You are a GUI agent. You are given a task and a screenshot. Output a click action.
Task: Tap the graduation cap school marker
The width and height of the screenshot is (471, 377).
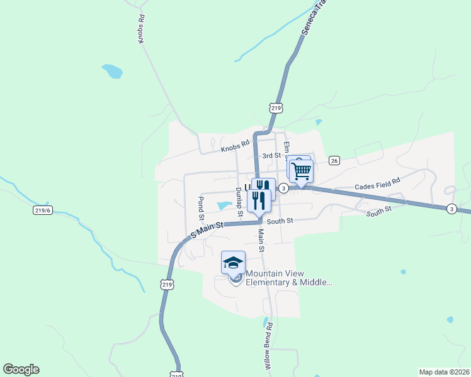[233, 263]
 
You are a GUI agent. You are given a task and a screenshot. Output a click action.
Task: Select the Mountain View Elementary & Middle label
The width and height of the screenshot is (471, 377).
[288, 278]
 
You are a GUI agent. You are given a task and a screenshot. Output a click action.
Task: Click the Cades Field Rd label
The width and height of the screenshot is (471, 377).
[377, 185]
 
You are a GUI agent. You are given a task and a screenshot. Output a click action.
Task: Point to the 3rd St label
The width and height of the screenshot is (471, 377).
[271, 155]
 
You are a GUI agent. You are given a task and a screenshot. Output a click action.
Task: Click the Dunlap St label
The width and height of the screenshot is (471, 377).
[239, 202]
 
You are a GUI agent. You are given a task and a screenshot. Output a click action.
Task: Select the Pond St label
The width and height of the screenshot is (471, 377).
[201, 209]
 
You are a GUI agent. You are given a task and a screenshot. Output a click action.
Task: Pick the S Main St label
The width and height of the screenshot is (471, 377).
[207, 228]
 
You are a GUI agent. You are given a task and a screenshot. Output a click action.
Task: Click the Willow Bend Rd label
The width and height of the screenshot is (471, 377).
[268, 346]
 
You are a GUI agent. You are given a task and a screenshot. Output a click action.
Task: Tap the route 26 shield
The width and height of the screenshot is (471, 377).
[334, 160]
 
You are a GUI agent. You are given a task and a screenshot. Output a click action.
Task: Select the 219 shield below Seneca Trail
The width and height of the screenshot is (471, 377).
[275, 108]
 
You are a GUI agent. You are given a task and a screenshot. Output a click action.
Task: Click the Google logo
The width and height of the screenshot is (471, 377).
[21, 369]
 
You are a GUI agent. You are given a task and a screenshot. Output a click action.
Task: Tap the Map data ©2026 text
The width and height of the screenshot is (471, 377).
[444, 372]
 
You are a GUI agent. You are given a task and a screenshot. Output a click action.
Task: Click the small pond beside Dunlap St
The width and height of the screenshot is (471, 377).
[224, 205]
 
